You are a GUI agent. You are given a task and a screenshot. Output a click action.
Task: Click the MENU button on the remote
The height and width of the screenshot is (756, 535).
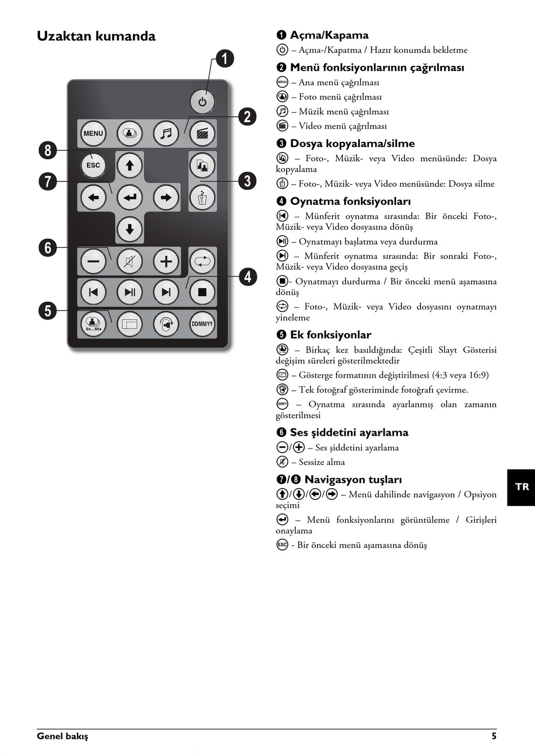coord(93,133)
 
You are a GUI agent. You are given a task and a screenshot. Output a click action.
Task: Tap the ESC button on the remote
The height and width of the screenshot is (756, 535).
coord(93,165)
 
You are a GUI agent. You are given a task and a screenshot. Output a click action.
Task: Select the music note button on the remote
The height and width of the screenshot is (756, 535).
coord(166,133)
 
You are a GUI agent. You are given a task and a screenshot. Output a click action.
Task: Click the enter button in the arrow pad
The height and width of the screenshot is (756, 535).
coord(130,197)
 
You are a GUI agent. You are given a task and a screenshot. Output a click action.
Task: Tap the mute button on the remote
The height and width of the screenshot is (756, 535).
coord(130,261)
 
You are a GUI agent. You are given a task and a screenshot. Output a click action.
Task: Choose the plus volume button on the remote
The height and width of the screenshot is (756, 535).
coord(166,261)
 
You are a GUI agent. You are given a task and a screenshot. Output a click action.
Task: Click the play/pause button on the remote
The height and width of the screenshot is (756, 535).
coord(130,292)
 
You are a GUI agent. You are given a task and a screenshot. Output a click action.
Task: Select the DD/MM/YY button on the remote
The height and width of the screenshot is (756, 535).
coord(202,324)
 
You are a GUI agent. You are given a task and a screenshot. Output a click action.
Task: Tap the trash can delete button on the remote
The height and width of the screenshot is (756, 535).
coord(202,197)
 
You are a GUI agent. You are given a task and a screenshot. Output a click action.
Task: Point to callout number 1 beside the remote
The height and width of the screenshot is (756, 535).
coord(225,59)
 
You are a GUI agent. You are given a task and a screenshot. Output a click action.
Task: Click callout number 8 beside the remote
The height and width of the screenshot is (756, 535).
coord(48,150)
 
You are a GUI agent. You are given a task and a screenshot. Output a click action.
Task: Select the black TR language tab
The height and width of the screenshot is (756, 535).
coord(521,487)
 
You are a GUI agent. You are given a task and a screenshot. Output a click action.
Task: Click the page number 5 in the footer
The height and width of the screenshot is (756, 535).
coord(494,736)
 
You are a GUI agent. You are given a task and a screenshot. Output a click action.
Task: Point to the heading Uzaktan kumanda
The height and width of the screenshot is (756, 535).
coord(96,36)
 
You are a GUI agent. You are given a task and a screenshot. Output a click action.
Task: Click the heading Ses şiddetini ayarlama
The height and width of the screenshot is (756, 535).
coord(349,432)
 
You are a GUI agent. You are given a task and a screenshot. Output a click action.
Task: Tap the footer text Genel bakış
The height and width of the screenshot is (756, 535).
coord(63,736)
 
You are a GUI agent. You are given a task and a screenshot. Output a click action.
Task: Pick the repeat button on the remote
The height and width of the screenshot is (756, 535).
coord(202,261)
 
